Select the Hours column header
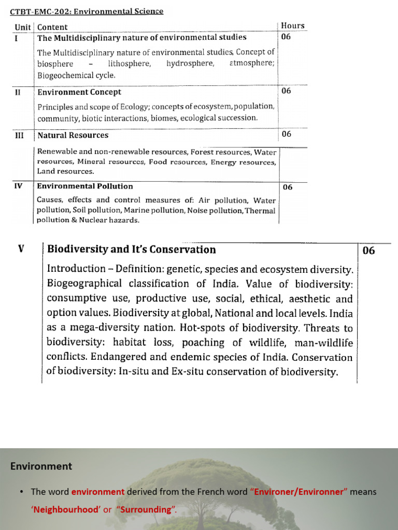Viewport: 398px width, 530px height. click(293, 25)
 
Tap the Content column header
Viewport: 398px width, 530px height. click(52, 27)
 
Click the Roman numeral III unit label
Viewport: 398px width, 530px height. click(19, 135)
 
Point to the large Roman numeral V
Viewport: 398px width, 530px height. click(21, 249)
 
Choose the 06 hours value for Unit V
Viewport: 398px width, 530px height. click(368, 251)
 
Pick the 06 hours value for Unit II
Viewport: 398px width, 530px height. click(287, 91)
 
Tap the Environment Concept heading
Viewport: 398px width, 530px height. click(79, 92)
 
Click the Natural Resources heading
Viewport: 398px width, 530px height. click(73, 135)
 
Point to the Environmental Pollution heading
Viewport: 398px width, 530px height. click(85, 186)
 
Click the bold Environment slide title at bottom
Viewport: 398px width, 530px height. click(41, 466)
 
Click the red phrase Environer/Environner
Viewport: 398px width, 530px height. click(299, 492)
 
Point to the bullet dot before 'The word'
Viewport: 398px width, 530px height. click(22, 492)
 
